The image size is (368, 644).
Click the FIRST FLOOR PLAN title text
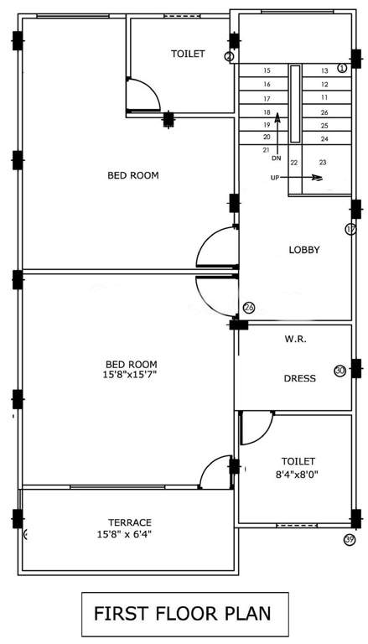[x=183, y=613]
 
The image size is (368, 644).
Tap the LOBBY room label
[x=304, y=249]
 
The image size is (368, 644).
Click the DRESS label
[x=299, y=378]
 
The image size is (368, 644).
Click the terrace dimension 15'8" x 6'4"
[x=129, y=533]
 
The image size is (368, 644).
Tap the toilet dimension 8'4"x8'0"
[x=298, y=473]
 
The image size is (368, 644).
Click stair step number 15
[x=267, y=71]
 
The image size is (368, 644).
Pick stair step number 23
[x=323, y=162]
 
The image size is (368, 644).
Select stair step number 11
[x=324, y=98]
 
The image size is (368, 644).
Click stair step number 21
[x=266, y=149]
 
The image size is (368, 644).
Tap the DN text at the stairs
[x=276, y=158]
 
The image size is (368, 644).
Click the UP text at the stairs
[x=275, y=178]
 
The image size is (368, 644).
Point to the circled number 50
[x=339, y=371]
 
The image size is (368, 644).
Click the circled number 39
[x=350, y=539]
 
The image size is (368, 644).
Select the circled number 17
[x=350, y=229]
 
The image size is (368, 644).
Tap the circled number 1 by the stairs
[x=342, y=67]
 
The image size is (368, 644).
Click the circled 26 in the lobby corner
[x=248, y=307]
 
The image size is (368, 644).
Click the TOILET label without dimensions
[x=188, y=54]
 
